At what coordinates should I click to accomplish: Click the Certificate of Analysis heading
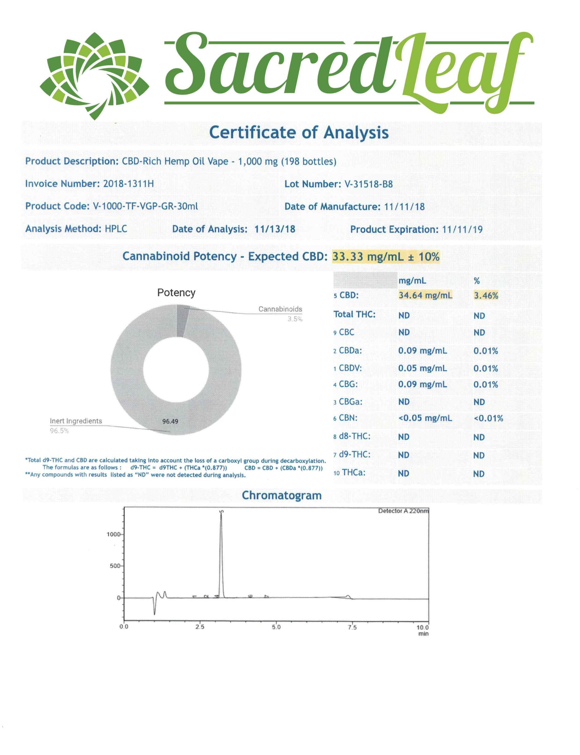(x=299, y=132)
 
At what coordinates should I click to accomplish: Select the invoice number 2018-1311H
(x=128, y=183)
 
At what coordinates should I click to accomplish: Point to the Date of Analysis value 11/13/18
(x=275, y=229)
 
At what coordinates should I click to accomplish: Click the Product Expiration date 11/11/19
(x=462, y=229)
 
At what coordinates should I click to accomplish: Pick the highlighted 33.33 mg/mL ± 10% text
(x=385, y=257)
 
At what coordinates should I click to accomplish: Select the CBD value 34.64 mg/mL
(x=425, y=295)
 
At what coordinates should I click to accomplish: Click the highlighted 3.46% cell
(x=486, y=296)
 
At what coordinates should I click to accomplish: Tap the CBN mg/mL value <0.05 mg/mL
(x=425, y=418)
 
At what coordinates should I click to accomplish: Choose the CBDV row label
(x=350, y=368)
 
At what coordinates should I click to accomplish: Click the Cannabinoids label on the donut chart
(x=280, y=309)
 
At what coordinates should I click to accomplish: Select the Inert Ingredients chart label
(x=76, y=421)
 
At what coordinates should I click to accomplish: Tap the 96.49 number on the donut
(x=170, y=421)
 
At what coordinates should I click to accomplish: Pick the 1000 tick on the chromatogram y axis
(x=113, y=534)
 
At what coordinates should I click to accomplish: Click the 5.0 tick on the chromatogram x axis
(x=276, y=627)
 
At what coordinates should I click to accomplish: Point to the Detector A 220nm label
(x=403, y=511)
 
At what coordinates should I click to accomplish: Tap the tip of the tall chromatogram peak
(x=221, y=512)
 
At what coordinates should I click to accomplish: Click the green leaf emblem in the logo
(x=94, y=76)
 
